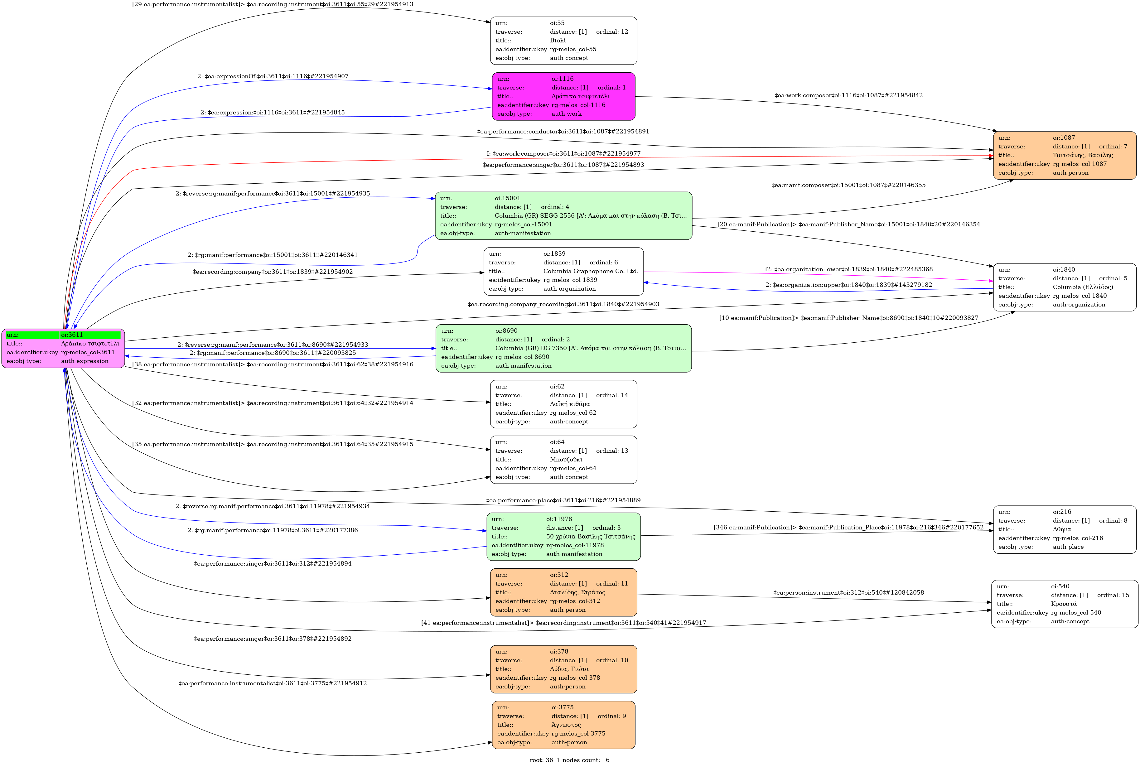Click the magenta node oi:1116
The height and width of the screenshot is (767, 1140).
563,96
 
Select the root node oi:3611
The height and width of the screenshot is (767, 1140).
63,348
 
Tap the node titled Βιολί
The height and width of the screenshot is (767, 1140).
563,41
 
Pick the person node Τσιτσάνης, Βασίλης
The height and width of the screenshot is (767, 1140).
1065,156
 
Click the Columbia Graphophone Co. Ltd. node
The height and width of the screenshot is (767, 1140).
563,272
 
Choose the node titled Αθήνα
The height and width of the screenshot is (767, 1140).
1065,530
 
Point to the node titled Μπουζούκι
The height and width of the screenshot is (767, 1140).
563,460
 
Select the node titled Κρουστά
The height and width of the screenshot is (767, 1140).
1065,604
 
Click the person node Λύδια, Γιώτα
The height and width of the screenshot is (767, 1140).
563,669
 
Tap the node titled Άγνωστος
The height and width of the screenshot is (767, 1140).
563,725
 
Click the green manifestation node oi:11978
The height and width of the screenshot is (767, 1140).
563,537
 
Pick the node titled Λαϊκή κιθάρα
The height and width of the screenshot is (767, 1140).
563,404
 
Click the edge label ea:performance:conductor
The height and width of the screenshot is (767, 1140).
563,132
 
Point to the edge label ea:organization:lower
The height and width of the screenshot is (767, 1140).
848,269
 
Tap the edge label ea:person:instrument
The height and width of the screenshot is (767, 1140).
848,593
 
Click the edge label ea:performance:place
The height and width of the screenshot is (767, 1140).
563,500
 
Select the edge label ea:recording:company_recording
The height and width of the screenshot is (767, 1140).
563,304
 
